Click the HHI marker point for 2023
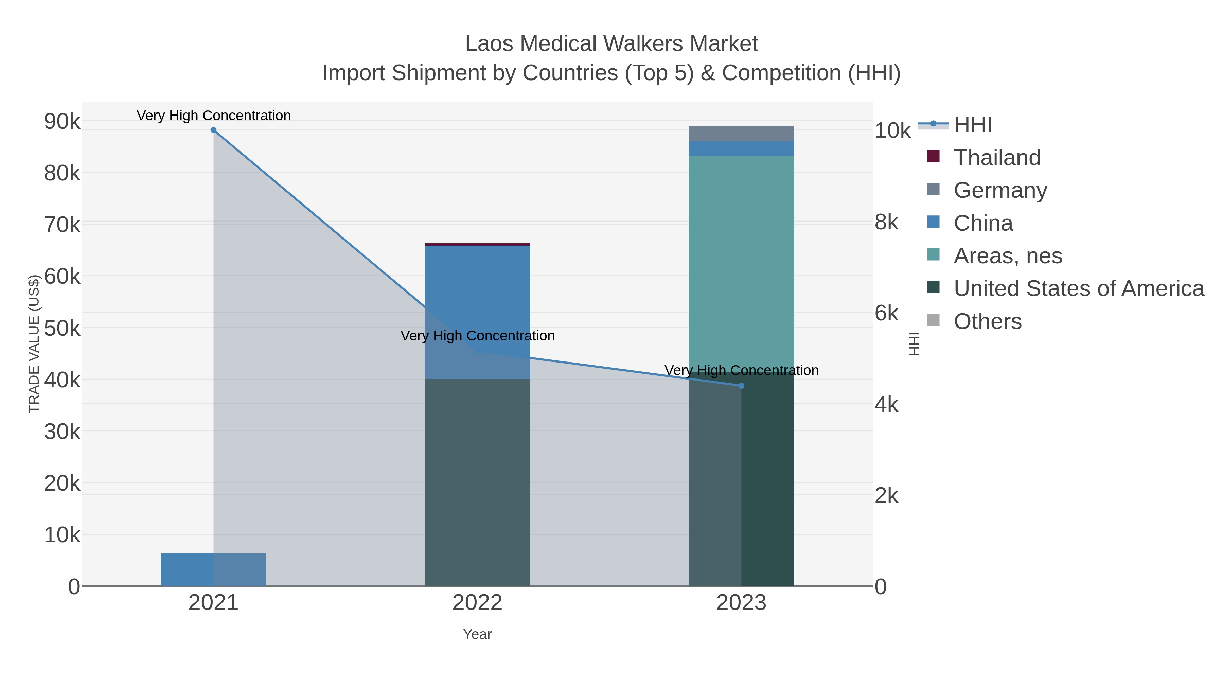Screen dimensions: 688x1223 [741, 386]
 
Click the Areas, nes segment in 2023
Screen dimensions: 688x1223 [741, 261]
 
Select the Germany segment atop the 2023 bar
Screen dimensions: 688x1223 [741, 134]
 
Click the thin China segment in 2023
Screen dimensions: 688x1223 [741, 148]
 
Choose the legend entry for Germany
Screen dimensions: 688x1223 [1000, 190]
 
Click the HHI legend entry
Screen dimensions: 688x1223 [972, 125]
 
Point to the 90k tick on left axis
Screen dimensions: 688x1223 [62, 122]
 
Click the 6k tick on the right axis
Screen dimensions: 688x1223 [886, 313]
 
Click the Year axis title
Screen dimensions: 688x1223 [477, 634]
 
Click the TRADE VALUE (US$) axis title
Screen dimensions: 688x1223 [34, 344]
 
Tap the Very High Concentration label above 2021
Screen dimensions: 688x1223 [214, 116]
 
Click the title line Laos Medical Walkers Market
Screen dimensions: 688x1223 [611, 44]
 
